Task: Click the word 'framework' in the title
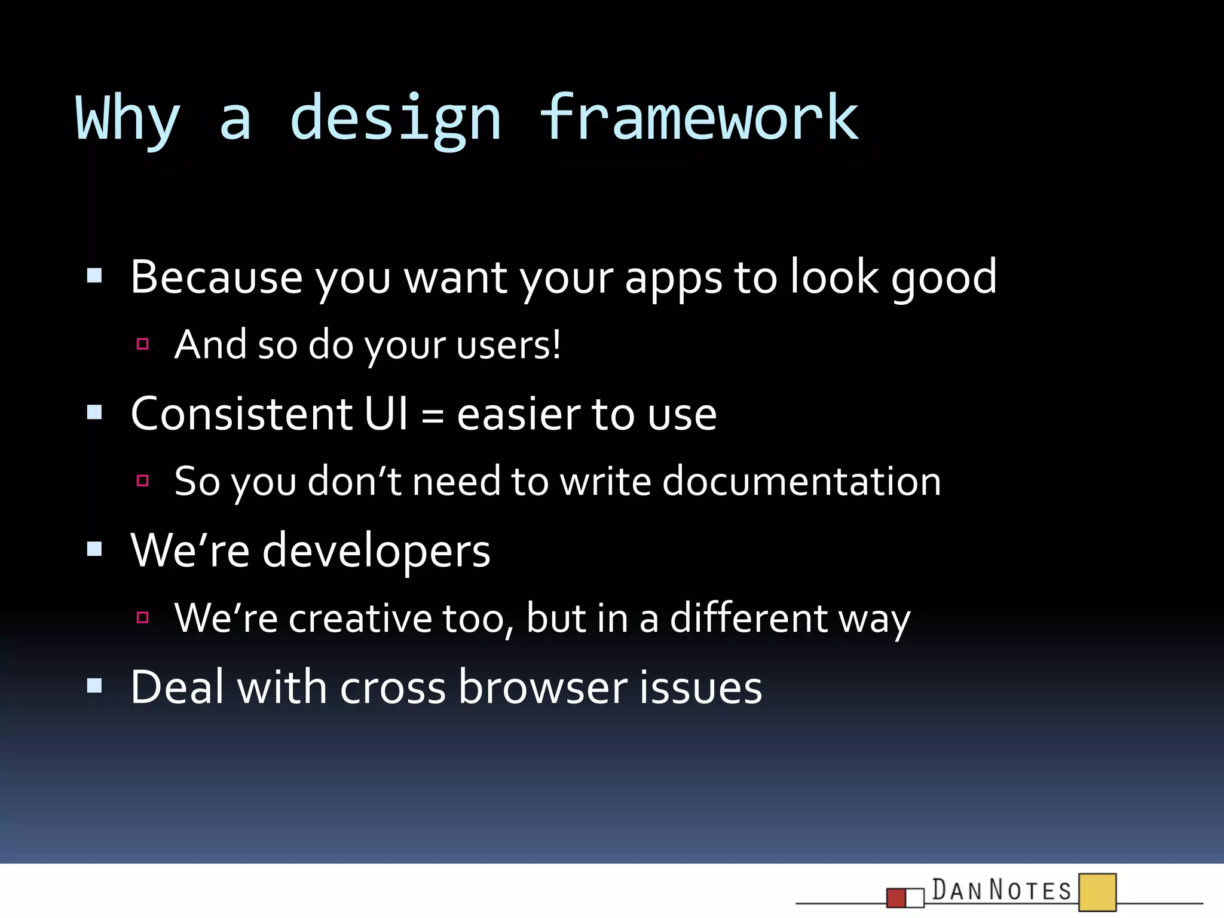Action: pyautogui.click(x=699, y=118)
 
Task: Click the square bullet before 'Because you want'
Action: pyautogui.click(x=94, y=276)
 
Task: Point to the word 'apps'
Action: pyautogui.click(x=673, y=280)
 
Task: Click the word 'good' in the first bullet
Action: pyautogui.click(x=944, y=280)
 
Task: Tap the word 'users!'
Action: pyautogui.click(x=508, y=345)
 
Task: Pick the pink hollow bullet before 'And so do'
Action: pyautogui.click(x=142, y=344)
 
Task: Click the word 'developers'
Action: pyautogui.click(x=376, y=551)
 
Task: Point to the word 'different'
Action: pyautogui.click(x=748, y=618)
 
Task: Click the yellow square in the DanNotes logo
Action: pyautogui.click(x=1097, y=892)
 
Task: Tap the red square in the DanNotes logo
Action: pyautogui.click(x=896, y=898)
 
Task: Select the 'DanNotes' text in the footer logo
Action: pyautogui.click(x=1002, y=890)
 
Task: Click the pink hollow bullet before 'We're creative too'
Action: pyautogui.click(x=142, y=617)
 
